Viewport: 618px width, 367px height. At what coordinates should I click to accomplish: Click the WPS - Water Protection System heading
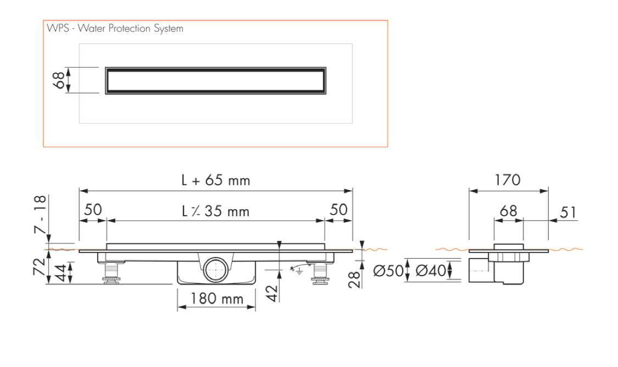(115, 29)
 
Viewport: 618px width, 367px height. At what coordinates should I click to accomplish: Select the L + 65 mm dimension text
(216, 180)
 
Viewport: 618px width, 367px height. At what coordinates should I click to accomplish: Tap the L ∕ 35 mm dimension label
(216, 211)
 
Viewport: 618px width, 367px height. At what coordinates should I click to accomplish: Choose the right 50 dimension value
(338, 210)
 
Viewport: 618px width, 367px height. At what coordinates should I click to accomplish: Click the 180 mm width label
(216, 300)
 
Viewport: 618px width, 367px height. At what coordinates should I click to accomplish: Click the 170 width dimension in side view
(508, 180)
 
